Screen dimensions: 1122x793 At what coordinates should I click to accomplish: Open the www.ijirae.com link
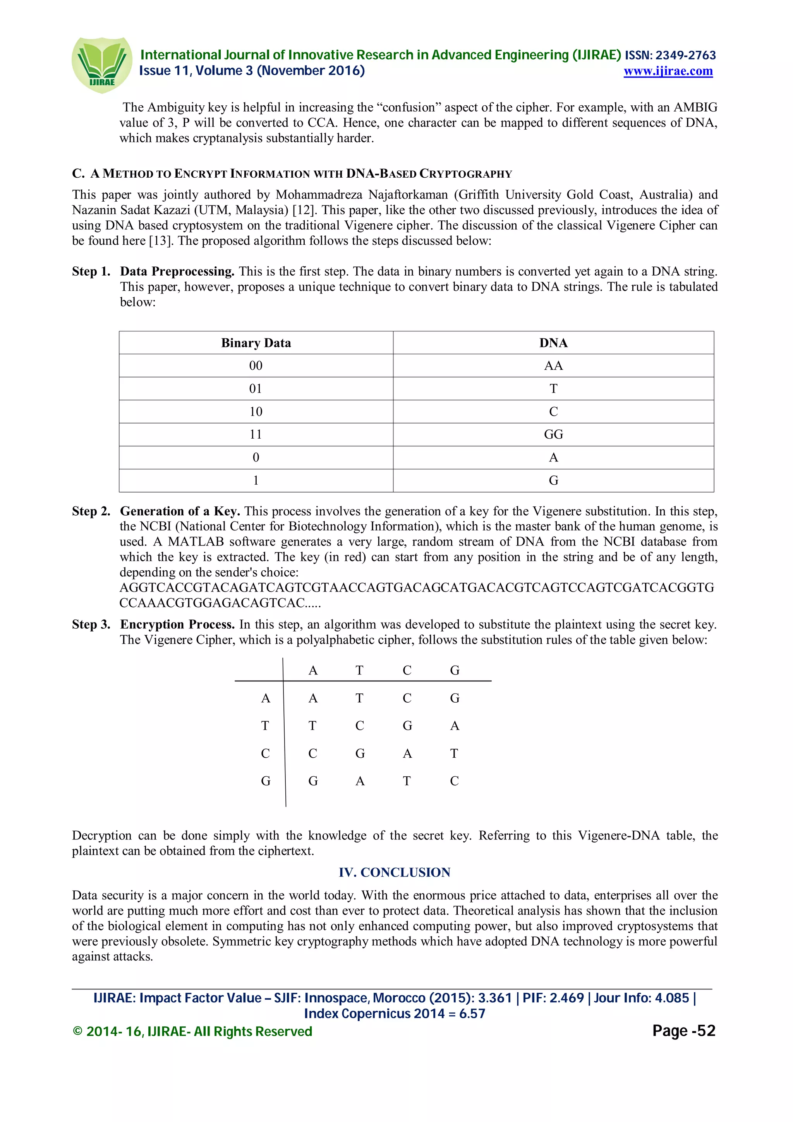[668, 71]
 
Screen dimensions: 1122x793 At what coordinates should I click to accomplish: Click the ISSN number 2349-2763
[685, 55]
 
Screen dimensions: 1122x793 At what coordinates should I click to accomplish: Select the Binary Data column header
[256, 343]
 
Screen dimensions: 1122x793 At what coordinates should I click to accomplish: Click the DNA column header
[553, 343]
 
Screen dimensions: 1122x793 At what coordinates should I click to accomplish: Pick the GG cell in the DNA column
[553, 434]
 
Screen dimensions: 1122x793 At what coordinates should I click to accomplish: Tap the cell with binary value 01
[256, 388]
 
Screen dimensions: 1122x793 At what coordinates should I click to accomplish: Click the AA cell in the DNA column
[553, 365]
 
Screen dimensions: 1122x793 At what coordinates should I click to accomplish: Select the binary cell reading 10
[256, 412]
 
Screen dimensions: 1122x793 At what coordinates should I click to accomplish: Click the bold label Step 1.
[91, 271]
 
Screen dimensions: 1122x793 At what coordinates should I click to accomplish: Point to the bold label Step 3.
[91, 624]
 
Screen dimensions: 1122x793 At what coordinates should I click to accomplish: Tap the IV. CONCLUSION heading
[394, 872]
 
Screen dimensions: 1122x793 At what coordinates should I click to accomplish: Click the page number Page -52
[683, 1030]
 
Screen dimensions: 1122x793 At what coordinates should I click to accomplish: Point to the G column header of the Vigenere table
[455, 670]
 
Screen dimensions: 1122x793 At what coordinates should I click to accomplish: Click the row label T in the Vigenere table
[265, 726]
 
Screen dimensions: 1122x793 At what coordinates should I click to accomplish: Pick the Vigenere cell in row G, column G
[455, 781]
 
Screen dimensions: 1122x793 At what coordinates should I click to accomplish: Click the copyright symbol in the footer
[77, 1031]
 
